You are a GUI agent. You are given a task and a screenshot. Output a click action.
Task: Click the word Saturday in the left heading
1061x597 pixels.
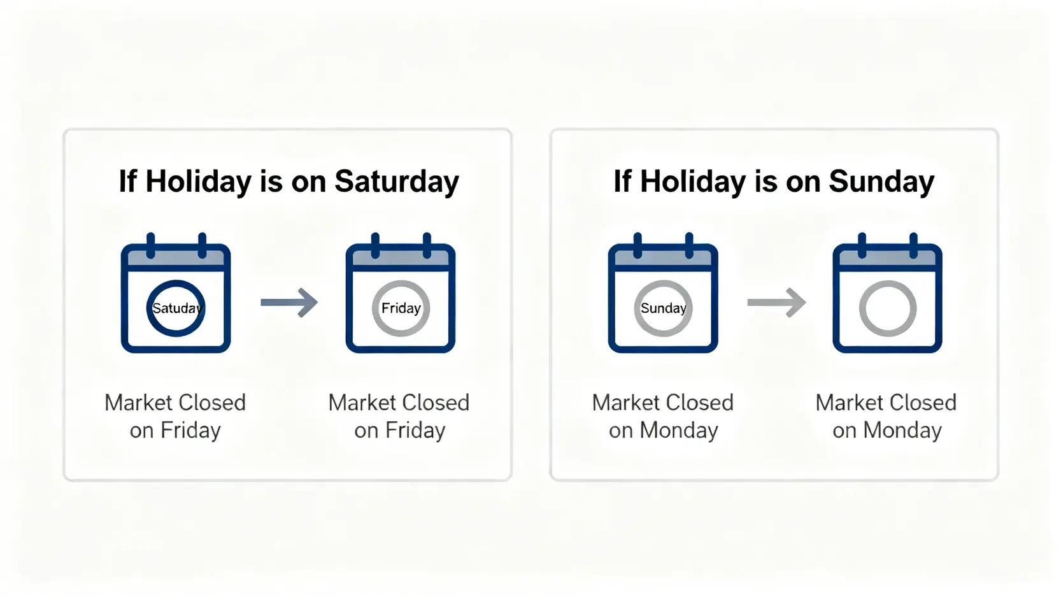point(397,182)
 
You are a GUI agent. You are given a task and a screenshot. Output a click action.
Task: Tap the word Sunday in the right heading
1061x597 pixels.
point(881,182)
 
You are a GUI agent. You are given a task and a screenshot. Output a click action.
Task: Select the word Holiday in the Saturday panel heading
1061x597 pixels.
point(198,182)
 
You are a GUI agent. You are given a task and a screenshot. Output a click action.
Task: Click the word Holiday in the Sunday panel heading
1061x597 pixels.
point(692,182)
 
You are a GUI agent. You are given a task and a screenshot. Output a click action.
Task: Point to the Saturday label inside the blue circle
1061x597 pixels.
point(177,308)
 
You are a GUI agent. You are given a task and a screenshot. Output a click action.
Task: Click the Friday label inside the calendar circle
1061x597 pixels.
point(401,308)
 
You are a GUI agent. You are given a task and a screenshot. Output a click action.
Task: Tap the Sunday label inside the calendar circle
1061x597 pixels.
point(663,308)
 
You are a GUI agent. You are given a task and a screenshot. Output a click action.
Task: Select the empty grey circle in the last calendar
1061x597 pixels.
point(888,282)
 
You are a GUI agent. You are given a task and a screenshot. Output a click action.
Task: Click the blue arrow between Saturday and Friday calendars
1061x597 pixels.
point(289,302)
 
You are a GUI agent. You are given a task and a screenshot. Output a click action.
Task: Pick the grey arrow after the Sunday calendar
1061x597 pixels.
point(776,302)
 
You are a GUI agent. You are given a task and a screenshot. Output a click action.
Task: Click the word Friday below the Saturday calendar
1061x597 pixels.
point(190,431)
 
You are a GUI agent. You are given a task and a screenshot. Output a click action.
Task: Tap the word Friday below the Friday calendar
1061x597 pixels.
point(415,431)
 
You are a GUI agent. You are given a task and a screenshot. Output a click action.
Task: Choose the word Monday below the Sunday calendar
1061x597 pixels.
point(679,431)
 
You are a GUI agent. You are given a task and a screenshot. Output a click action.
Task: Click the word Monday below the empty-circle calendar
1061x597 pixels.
point(902,431)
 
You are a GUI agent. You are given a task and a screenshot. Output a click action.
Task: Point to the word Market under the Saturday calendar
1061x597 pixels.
point(138,403)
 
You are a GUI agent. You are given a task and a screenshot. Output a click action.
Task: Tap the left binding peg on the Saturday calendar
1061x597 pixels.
point(151,245)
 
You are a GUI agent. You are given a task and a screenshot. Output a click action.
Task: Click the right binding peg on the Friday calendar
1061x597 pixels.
point(427,245)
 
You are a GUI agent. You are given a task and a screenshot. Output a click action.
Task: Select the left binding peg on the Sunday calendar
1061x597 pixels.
point(637,245)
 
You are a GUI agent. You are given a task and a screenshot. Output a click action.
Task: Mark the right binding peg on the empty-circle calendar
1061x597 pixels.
point(914,245)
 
